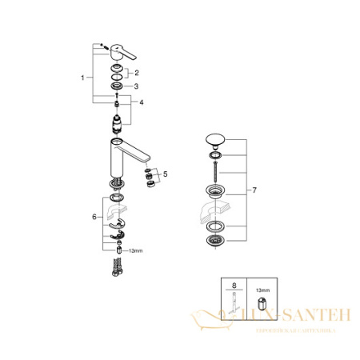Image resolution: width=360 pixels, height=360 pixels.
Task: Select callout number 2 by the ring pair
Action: pyautogui.click(x=136, y=72)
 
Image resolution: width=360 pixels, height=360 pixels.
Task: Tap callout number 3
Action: pyautogui.click(x=136, y=86)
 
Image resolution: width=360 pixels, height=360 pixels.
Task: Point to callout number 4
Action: pyautogui.click(x=142, y=102)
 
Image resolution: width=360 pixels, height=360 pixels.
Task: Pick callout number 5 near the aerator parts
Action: pyautogui.click(x=165, y=174)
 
